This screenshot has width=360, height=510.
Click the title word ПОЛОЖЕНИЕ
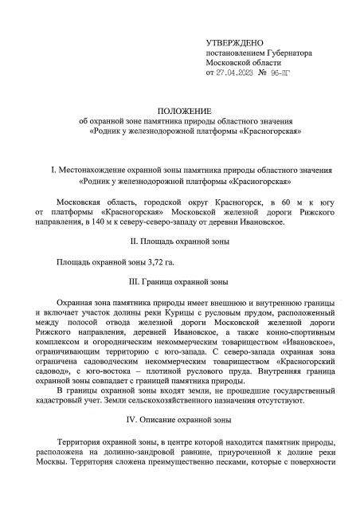coord(180,111)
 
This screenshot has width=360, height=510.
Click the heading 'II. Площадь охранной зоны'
coord(179,241)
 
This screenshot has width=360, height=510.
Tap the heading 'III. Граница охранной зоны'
coord(179,282)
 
